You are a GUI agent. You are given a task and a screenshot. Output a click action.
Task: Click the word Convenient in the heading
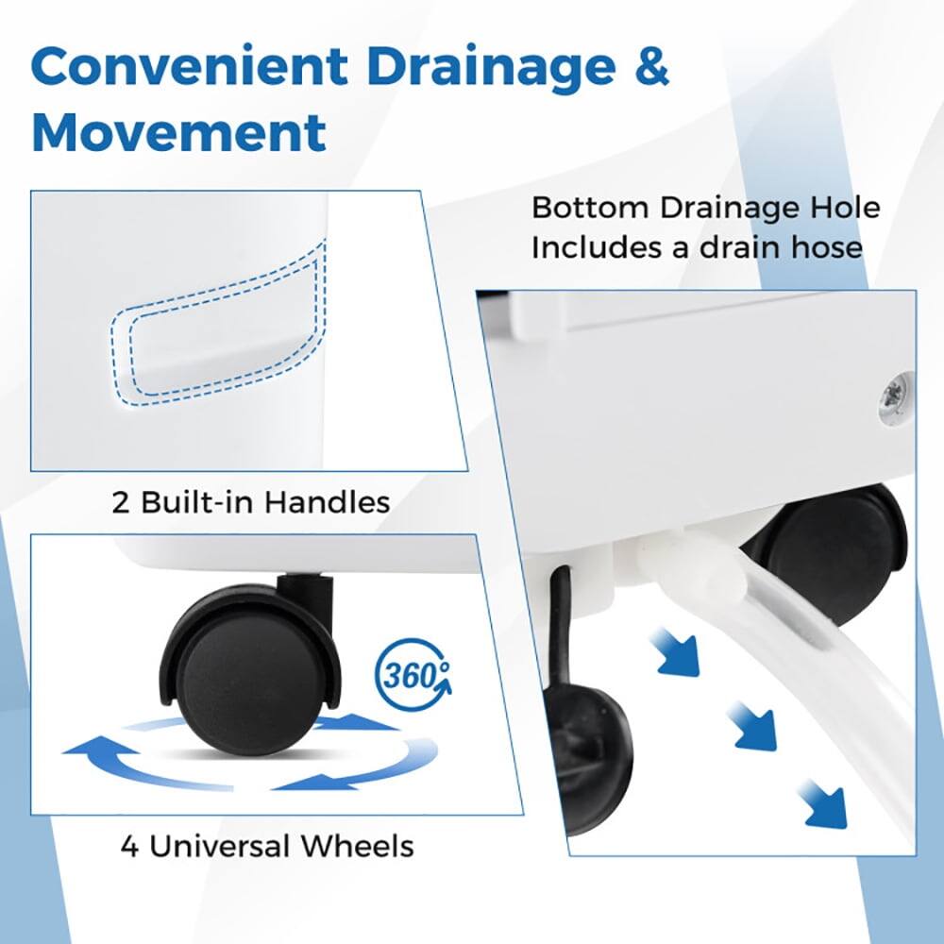(185, 67)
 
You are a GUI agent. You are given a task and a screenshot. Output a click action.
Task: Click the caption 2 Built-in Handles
(251, 501)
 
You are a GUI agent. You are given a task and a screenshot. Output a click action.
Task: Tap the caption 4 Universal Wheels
(266, 845)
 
